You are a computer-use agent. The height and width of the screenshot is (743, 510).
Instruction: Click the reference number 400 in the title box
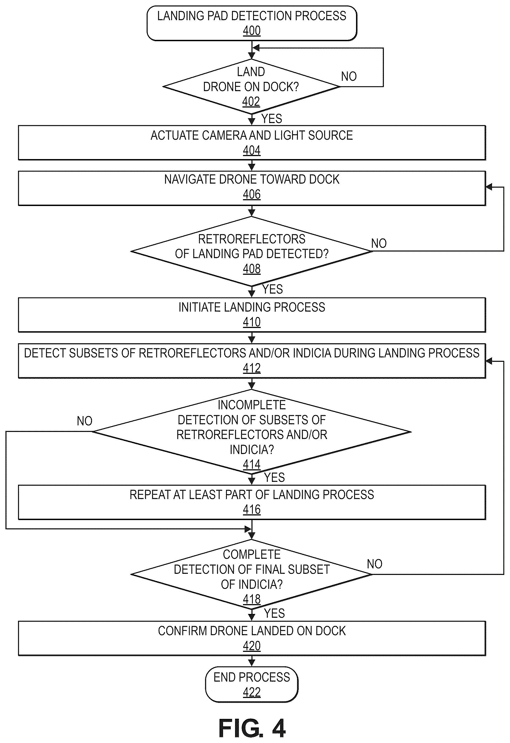point(251,31)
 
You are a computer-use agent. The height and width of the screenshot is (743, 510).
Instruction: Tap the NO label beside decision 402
point(349,76)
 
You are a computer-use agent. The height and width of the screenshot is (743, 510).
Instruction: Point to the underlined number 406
point(251,194)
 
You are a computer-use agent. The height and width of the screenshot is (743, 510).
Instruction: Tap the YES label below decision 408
point(272,289)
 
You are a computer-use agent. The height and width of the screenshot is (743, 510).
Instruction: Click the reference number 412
point(251,368)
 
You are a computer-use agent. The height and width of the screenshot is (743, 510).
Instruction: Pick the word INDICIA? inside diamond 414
point(252,449)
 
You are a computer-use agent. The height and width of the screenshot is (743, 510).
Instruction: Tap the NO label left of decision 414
point(84,421)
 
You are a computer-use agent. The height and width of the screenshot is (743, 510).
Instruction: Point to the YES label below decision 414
point(274,478)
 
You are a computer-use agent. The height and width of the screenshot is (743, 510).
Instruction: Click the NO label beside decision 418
point(375,564)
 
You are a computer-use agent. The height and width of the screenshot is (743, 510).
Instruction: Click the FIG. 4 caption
point(252,729)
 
